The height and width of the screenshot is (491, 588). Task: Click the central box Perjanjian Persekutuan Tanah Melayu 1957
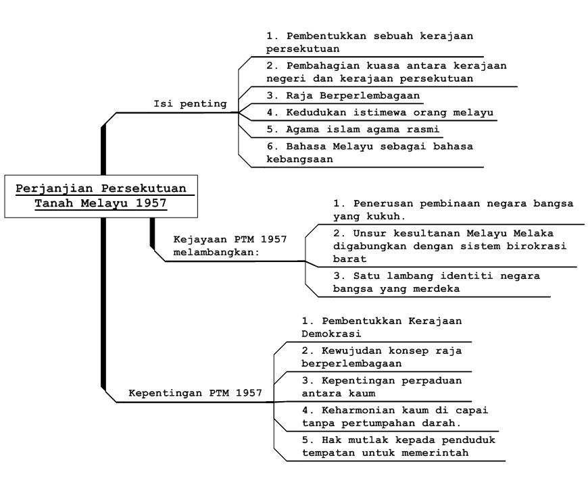(x=101, y=196)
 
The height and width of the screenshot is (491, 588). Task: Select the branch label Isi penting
(x=190, y=104)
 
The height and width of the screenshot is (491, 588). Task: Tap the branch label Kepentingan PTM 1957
(x=195, y=393)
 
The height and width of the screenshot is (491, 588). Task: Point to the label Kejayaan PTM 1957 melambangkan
(x=230, y=246)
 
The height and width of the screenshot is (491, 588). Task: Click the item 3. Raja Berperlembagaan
(x=343, y=96)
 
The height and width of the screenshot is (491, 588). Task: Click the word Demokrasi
(x=331, y=334)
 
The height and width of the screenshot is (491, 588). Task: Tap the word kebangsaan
(x=299, y=159)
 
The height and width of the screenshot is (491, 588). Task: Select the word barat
(x=350, y=259)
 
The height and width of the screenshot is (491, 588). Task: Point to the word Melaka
(x=533, y=234)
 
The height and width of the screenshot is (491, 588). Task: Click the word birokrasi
(x=536, y=247)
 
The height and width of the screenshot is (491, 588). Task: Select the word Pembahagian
(x=323, y=66)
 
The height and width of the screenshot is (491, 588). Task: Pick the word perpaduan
(x=432, y=381)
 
